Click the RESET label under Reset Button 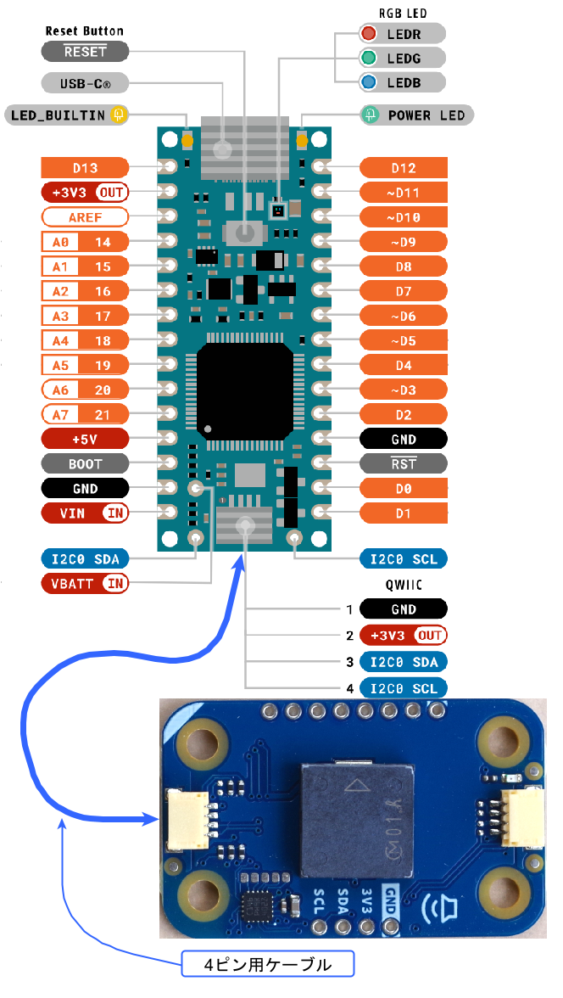point(85,52)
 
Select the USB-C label point(85,83)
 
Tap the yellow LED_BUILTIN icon point(119,115)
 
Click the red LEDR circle point(369,34)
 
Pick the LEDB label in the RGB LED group point(404,82)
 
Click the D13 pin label point(85,167)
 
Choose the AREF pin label point(85,217)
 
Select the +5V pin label point(85,439)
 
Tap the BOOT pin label point(85,464)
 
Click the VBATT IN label point(85,583)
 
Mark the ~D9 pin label point(404,242)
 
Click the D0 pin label point(404,489)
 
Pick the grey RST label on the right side point(404,464)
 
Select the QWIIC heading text point(404,585)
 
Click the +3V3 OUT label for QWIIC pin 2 point(404,635)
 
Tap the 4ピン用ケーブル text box point(267,964)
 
